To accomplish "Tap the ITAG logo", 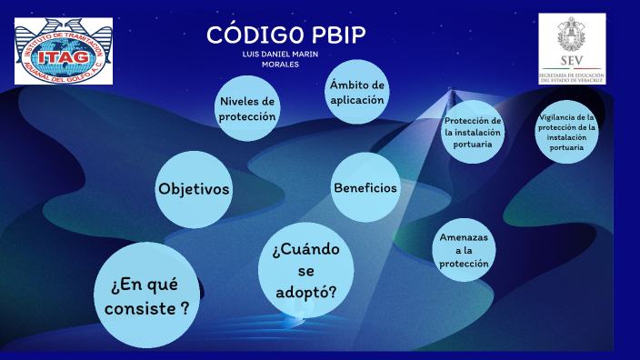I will (x=64, y=51).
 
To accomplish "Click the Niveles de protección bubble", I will (x=246, y=108).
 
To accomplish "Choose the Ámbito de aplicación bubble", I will (x=357, y=93).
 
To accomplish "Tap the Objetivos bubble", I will (x=194, y=189).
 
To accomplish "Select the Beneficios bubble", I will (x=365, y=187).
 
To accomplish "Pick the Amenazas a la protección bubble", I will (x=464, y=250).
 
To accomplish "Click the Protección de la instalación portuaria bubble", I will (x=472, y=132).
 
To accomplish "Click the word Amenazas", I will (x=464, y=237).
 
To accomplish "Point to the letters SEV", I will (x=572, y=63).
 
